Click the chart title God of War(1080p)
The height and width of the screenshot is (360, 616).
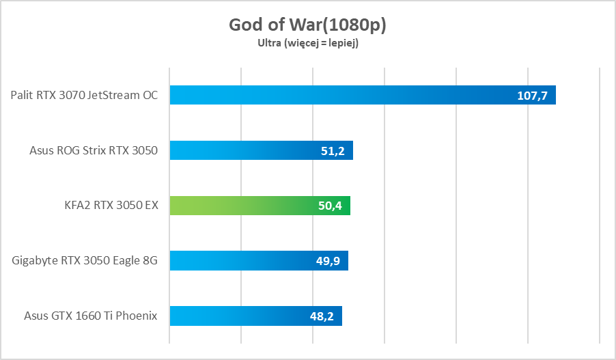[307, 25]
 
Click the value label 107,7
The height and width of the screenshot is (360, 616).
[533, 96]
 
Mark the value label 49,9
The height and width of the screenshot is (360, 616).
[327, 261]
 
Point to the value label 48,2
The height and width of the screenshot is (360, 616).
[321, 316]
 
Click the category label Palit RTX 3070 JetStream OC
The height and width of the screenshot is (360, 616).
[84, 95]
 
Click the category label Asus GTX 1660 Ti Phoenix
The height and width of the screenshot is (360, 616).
[91, 316]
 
